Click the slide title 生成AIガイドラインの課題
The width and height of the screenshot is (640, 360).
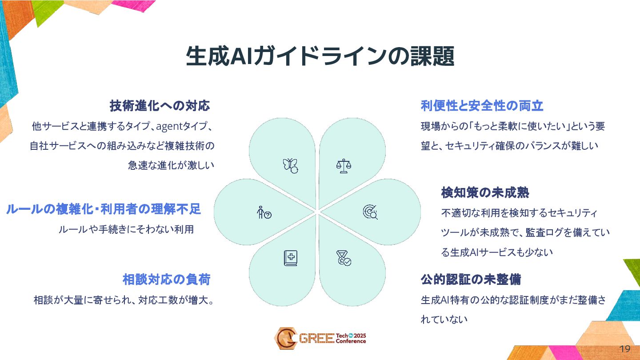[x=320, y=57]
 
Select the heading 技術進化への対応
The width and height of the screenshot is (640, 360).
[x=160, y=106]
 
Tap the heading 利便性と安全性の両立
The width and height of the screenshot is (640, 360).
[x=482, y=106]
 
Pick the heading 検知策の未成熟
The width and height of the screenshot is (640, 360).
[x=485, y=193]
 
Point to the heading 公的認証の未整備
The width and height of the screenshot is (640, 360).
[x=471, y=280]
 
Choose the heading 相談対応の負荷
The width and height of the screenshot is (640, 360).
[x=166, y=280]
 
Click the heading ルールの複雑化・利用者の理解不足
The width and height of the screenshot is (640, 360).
[x=104, y=209]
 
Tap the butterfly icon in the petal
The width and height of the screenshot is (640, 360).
[x=290, y=165]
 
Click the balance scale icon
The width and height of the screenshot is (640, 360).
[x=343, y=166]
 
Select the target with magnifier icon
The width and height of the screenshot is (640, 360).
[x=370, y=212]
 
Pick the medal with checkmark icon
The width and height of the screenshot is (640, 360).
[x=343, y=258]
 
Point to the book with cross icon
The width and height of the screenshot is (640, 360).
[x=290, y=258]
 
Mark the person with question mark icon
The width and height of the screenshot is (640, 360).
[x=264, y=212]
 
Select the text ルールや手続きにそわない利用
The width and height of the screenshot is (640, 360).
[x=126, y=230]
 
